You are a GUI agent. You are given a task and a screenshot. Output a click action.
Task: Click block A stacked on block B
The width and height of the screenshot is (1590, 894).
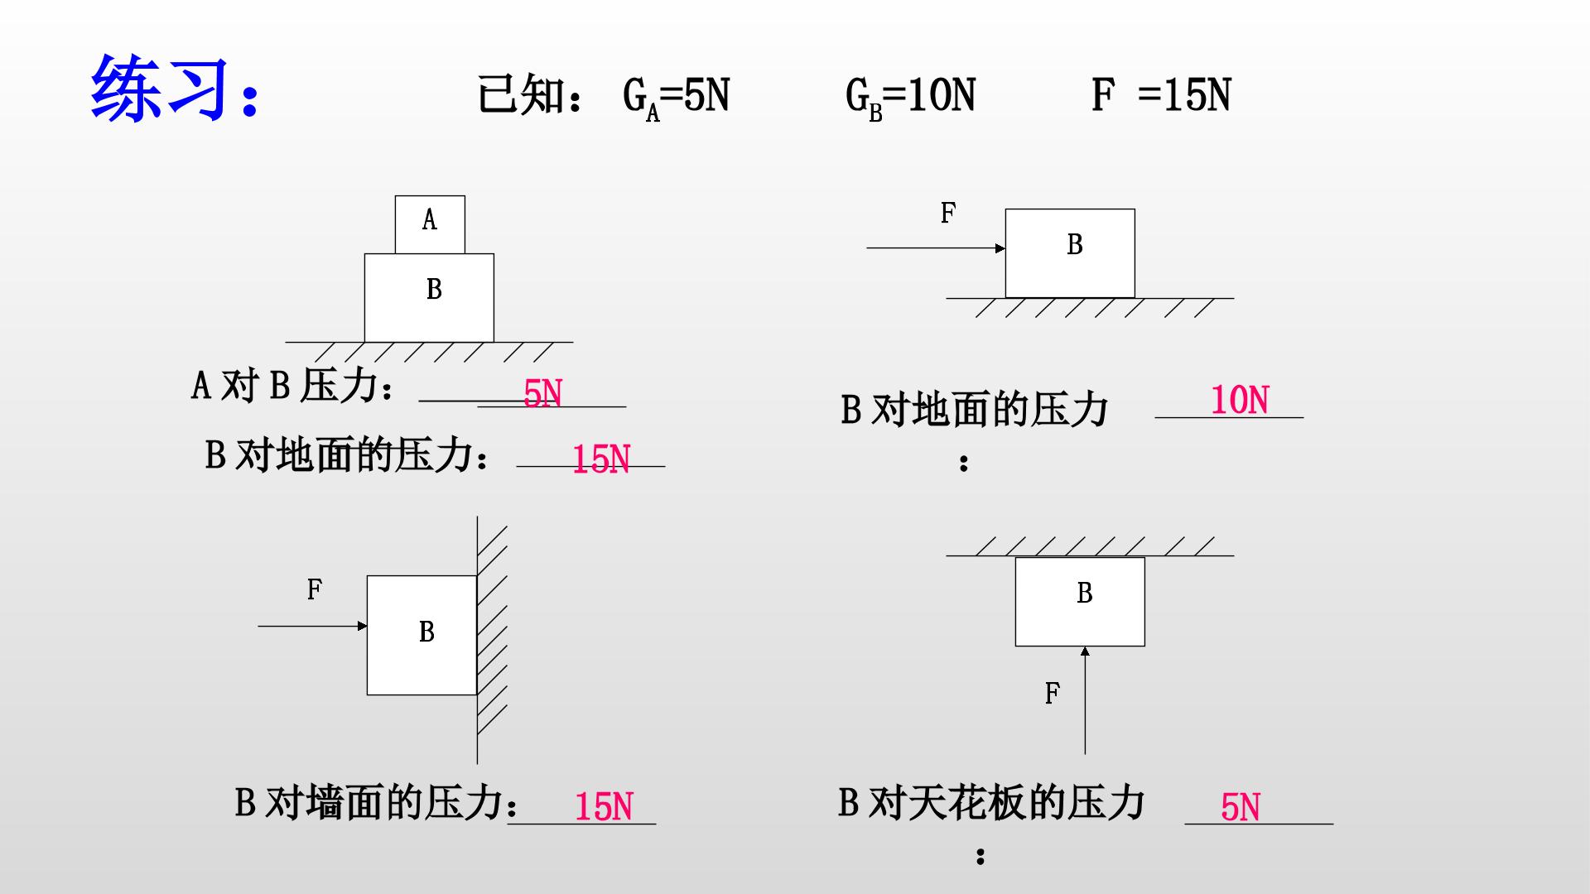tap(430, 225)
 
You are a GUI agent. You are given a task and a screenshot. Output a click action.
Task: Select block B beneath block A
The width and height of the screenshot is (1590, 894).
tap(429, 298)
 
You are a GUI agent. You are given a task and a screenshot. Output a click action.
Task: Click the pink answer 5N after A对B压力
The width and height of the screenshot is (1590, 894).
tap(542, 394)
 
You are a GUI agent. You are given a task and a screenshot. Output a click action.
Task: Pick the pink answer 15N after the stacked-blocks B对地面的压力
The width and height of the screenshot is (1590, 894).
tap(601, 459)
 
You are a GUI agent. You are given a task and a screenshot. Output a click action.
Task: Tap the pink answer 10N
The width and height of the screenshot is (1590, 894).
tap(1240, 401)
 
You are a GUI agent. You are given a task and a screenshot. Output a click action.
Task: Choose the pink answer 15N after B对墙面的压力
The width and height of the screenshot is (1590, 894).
tap(604, 807)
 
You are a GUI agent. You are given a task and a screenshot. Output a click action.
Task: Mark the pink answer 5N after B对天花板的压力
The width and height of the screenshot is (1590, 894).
tap(1241, 807)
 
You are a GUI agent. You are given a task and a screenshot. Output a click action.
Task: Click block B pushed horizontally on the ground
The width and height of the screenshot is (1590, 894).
tap(1070, 253)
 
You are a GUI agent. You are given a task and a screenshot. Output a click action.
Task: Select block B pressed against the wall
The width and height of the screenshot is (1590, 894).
tap(422, 635)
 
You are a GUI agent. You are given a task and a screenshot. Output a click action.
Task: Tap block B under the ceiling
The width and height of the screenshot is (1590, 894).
tap(1080, 602)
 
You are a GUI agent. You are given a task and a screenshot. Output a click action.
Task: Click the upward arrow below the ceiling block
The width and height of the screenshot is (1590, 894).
tap(1085, 700)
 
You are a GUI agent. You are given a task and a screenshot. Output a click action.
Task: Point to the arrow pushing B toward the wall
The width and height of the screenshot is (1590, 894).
tap(313, 626)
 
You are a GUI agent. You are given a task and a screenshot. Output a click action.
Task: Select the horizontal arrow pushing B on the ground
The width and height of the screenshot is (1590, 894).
tap(936, 248)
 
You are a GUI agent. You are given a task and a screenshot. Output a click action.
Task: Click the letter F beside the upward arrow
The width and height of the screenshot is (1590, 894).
tap(1052, 694)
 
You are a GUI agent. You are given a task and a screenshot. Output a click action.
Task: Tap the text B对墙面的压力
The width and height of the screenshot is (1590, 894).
tap(369, 802)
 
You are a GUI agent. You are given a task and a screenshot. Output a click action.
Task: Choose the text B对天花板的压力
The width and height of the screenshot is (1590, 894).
tap(991, 802)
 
